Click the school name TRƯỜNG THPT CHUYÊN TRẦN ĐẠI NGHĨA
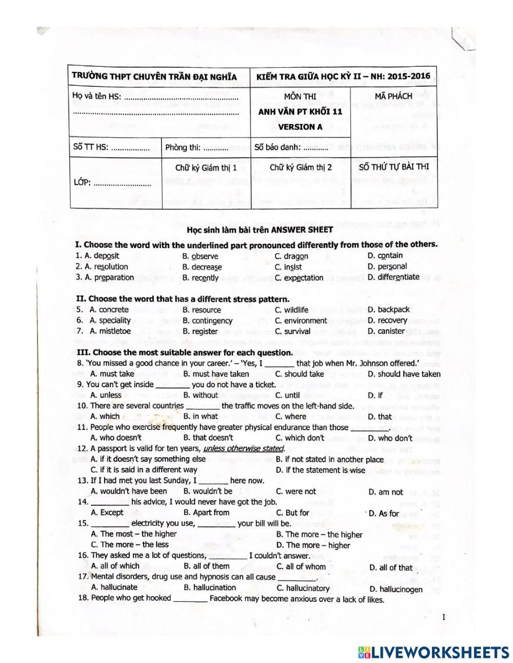[x=154, y=77]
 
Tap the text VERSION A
[x=300, y=127]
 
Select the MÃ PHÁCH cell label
[x=393, y=96]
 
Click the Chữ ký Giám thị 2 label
[x=301, y=167]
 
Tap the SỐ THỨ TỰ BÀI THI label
[x=394, y=167]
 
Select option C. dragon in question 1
[x=291, y=256]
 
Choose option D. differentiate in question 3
[x=393, y=277]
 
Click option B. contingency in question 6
[x=207, y=320]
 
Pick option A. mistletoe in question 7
[x=110, y=331]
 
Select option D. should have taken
[x=404, y=374]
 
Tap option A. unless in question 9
[x=106, y=395]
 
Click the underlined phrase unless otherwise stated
[x=243, y=448]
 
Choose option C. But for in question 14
[x=292, y=513]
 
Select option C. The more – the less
[x=129, y=544]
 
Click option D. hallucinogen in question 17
[x=396, y=589]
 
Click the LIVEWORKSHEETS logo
[x=433, y=652]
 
